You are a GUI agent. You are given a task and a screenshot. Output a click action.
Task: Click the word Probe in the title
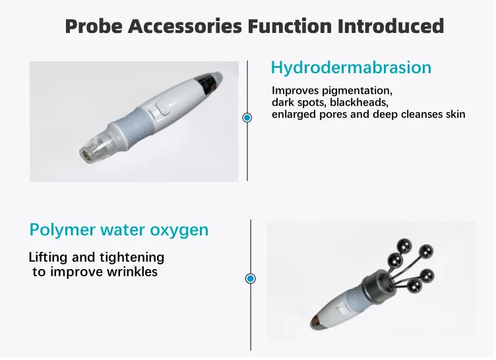coord(94,26)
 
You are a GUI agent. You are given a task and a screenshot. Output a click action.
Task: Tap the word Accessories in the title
coord(185,26)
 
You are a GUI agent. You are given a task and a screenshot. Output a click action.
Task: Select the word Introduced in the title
coord(391,26)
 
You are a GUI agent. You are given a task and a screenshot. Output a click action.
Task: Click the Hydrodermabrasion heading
coord(351,67)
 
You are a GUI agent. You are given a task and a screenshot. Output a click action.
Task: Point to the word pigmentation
coord(357,91)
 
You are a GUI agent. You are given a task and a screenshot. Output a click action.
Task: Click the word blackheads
coord(359,102)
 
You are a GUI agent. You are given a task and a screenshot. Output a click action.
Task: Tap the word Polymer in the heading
coord(63,230)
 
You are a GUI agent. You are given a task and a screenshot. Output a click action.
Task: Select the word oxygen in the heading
coord(179,231)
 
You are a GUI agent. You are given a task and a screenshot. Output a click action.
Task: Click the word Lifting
coord(49,258)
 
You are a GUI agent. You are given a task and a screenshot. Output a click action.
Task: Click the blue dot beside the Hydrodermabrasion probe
coord(247,117)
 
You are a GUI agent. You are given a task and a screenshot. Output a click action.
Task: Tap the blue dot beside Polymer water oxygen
coord(251,279)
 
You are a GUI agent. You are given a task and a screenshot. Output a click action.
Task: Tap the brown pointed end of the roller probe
coord(318,322)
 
